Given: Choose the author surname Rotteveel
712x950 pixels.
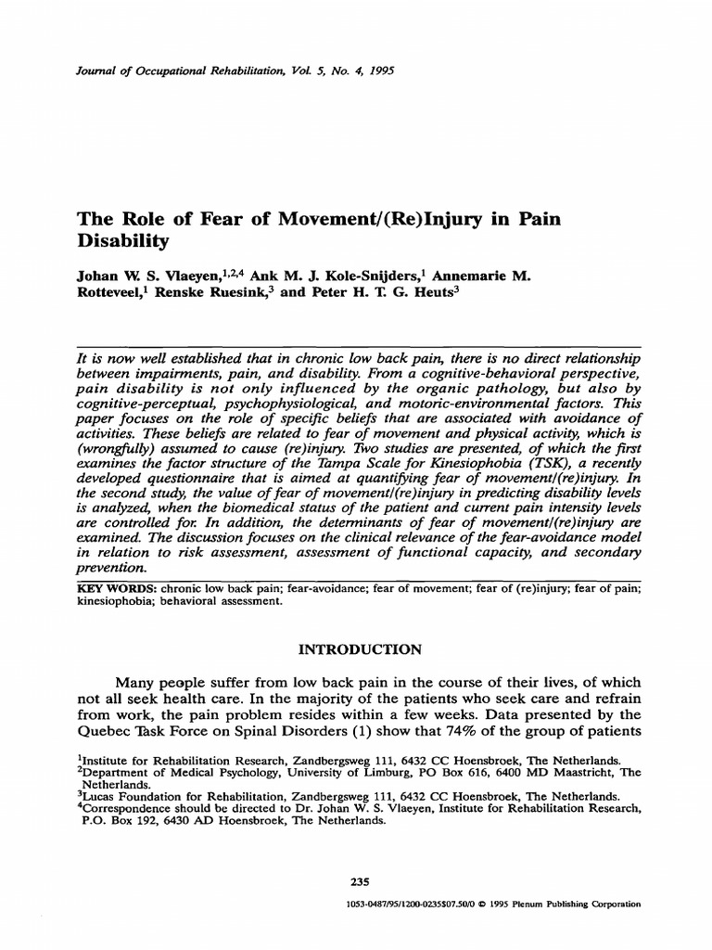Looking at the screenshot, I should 113,294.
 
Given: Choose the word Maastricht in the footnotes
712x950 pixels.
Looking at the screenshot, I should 574,771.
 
